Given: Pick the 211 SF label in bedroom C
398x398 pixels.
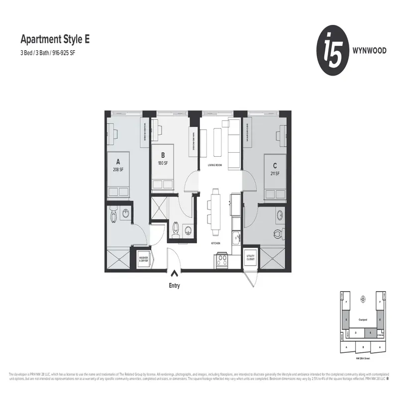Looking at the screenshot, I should (x=275, y=173).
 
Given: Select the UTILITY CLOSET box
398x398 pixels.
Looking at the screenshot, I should (x=250, y=258).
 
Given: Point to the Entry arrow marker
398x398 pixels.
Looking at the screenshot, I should (x=174, y=273).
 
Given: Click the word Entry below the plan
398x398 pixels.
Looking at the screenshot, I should (x=174, y=286).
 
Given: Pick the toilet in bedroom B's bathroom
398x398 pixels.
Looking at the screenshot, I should (x=175, y=230).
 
